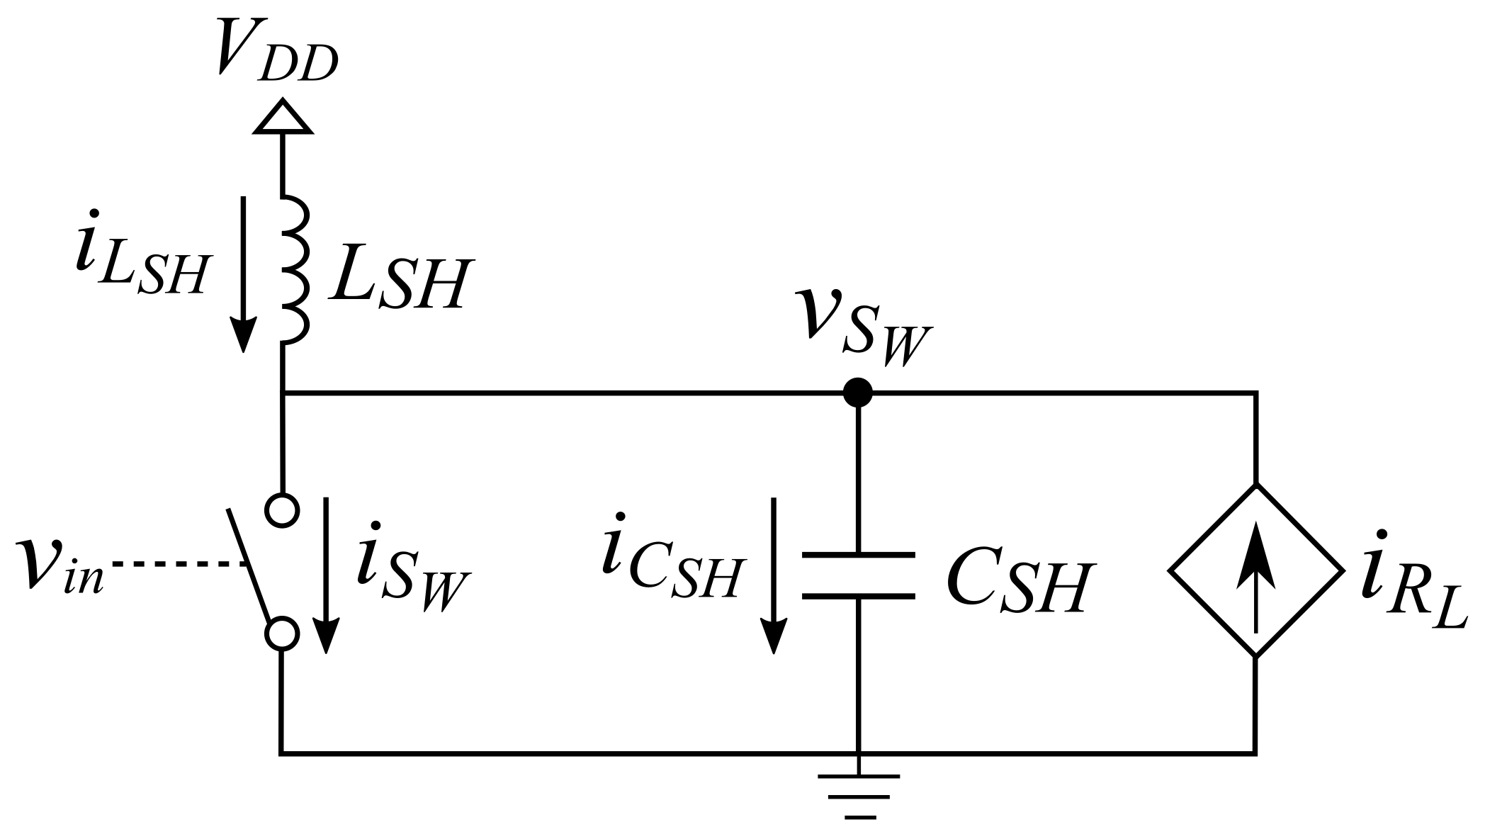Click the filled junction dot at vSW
click(858, 392)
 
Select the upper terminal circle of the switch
click(282, 509)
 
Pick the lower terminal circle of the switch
click(282, 634)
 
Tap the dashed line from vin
click(177, 564)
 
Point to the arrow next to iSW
click(327, 574)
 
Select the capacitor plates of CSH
click(858, 575)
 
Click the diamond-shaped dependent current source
click(1255, 570)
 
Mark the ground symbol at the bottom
click(859, 796)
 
